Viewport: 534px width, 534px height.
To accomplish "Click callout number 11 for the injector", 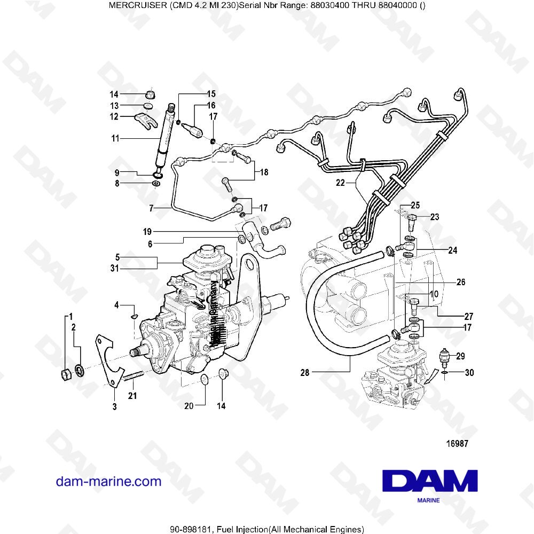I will [x=115, y=138].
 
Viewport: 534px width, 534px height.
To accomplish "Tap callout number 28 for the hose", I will [x=305, y=373].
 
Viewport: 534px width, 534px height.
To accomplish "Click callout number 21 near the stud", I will [x=132, y=396].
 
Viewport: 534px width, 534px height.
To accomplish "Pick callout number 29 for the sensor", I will [x=460, y=356].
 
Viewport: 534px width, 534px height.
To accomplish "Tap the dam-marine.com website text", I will [x=108, y=482].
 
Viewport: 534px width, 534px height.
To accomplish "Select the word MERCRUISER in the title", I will [x=135, y=5].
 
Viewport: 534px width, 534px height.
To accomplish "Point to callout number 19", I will [x=147, y=232].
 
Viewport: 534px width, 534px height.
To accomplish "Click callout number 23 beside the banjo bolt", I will [x=435, y=217].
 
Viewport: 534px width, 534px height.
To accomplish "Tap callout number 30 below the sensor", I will [x=469, y=373].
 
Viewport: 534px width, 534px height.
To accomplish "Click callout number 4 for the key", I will [x=116, y=305].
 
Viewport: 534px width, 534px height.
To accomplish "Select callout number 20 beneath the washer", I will [x=189, y=406].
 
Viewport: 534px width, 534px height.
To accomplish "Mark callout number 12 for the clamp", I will [x=114, y=116].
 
